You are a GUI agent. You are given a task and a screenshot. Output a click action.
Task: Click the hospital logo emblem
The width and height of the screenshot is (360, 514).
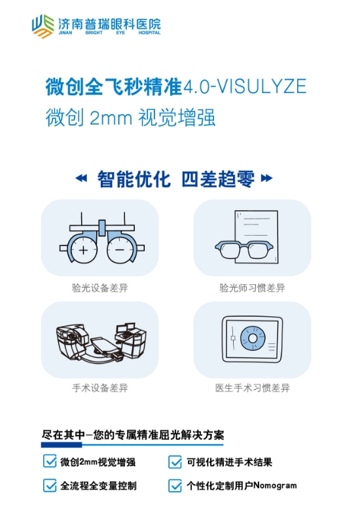tap(43, 26)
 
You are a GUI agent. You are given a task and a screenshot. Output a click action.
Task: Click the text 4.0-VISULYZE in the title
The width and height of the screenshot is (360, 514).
tap(245, 86)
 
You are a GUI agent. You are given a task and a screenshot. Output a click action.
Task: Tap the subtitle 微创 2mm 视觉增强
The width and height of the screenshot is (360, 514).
tap(130, 117)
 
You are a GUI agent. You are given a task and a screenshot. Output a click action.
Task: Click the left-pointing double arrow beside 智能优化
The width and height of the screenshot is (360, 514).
tap(81, 178)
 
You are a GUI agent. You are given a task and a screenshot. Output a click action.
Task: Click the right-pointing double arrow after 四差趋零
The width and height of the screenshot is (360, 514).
tap(266, 178)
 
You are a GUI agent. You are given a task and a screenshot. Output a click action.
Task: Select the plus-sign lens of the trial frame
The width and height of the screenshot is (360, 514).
tap(84, 250)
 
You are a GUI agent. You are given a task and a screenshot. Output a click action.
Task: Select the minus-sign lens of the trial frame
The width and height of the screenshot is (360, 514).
tap(120, 250)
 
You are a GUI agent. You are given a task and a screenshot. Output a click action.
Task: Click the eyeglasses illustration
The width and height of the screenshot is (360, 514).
tap(244, 249)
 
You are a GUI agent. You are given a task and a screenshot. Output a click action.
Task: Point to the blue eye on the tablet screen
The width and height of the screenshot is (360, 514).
tap(253, 339)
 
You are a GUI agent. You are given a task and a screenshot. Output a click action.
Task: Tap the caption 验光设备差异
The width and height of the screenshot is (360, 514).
tap(100, 288)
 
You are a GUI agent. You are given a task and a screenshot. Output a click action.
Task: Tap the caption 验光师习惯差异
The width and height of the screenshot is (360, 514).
tap(252, 288)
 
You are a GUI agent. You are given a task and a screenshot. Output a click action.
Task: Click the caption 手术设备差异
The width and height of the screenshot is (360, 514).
tap(100, 388)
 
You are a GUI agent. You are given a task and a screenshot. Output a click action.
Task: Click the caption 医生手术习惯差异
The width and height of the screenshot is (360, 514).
tap(252, 388)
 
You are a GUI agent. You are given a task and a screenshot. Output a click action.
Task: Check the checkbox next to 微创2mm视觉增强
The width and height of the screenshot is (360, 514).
tap(50, 461)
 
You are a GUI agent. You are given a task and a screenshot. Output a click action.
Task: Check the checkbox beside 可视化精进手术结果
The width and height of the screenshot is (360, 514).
tap(175, 462)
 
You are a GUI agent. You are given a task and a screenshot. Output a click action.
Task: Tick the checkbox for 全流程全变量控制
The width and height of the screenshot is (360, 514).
tap(50, 485)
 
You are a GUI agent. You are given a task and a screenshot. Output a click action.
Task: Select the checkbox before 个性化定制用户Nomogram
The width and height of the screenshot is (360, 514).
tap(175, 485)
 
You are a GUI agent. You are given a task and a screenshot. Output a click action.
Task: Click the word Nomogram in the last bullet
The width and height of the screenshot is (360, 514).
tap(275, 485)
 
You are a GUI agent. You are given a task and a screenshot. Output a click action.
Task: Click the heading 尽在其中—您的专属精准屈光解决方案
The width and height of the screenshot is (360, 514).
tap(133, 435)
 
